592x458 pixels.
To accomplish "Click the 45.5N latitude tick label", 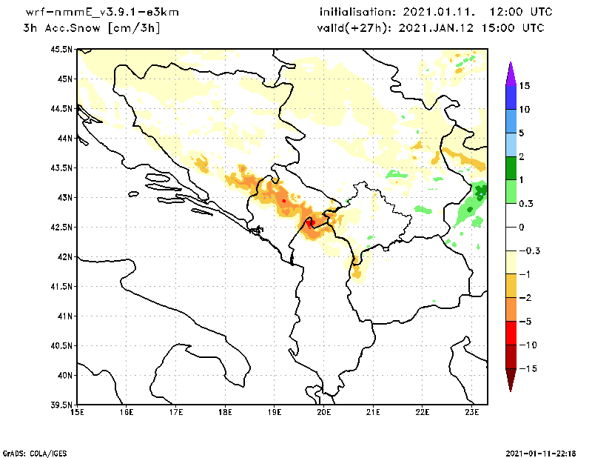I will click(x=61, y=49).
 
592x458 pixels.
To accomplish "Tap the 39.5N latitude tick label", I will click(x=61, y=405).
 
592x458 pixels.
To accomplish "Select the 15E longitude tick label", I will click(x=76, y=413).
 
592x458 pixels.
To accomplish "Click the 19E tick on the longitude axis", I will click(x=275, y=413).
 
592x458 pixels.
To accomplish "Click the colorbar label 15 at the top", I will click(x=525, y=85).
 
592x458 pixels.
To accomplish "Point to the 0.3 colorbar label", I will click(x=526, y=203).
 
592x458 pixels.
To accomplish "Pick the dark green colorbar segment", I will click(x=510, y=167).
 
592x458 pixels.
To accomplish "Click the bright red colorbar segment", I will click(x=510, y=333).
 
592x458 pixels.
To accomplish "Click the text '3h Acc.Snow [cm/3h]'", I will click(x=92, y=28).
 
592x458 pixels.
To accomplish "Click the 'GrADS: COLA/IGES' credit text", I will click(x=29, y=452).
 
